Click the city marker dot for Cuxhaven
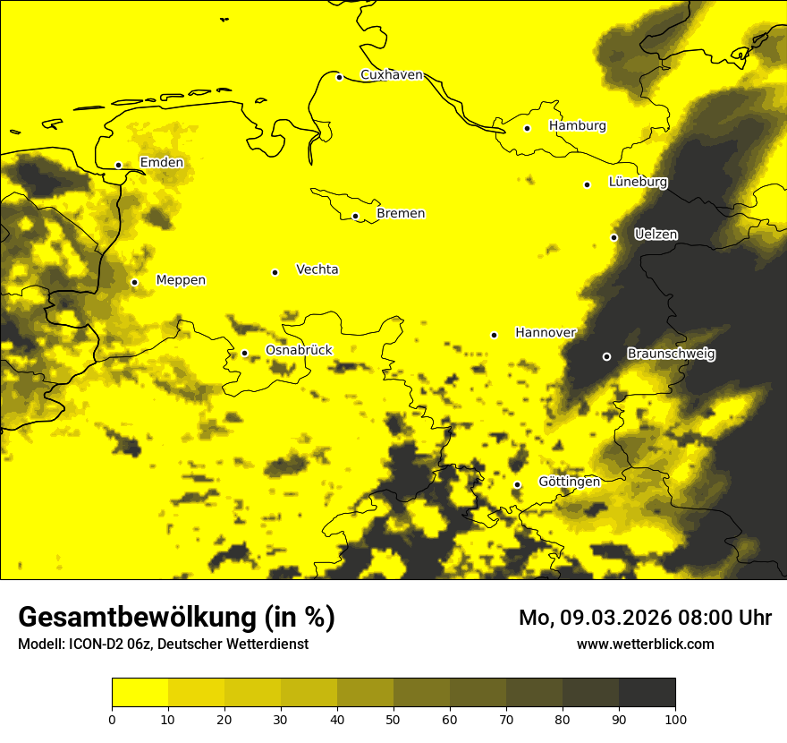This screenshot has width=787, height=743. (x=340, y=77)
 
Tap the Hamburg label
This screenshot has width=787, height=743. (x=577, y=126)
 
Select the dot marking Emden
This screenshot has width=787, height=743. (x=118, y=165)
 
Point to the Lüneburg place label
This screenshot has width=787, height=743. (x=638, y=182)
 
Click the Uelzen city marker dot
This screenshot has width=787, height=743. (x=614, y=237)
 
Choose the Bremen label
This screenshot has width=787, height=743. (x=401, y=214)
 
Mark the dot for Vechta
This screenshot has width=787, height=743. (x=275, y=272)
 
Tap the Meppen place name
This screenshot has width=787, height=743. (x=181, y=280)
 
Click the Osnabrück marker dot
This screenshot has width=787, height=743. (x=244, y=353)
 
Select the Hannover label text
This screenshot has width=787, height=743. (x=546, y=333)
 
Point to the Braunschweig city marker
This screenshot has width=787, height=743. (x=606, y=356)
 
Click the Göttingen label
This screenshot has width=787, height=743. (x=569, y=482)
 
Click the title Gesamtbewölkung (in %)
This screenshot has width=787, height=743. (x=176, y=617)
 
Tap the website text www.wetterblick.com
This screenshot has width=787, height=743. (x=645, y=644)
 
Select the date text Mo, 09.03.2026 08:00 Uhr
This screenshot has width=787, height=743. (x=645, y=618)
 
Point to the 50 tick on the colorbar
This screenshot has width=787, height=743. (x=393, y=719)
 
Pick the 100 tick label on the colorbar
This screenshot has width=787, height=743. (x=675, y=719)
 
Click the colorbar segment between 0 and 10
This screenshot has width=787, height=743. (x=140, y=693)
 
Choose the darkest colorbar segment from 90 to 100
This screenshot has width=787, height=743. (x=647, y=693)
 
